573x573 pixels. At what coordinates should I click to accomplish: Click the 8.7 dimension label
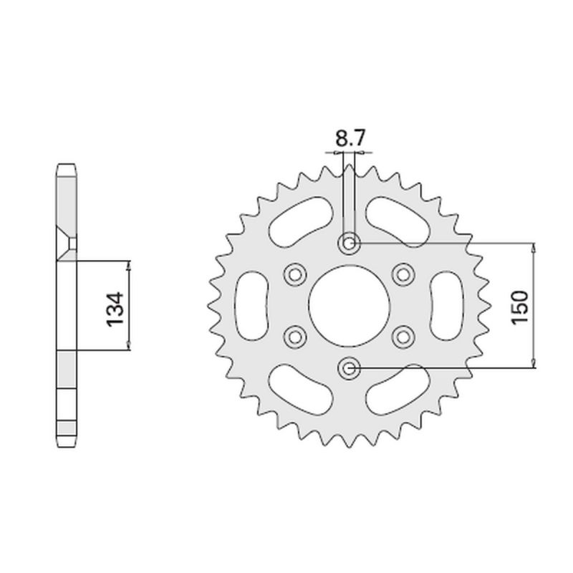coord(350,138)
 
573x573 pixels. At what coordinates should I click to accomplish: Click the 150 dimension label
coord(520,307)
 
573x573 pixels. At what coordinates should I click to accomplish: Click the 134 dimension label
coord(115,309)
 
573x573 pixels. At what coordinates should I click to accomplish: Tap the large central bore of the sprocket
coord(350,305)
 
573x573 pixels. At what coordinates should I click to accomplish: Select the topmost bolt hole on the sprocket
coord(350,243)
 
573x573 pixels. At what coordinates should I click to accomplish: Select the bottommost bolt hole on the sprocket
coord(350,367)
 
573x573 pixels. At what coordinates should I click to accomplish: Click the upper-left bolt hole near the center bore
coord(295,274)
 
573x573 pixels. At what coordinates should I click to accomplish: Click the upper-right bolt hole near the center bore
coord(403,274)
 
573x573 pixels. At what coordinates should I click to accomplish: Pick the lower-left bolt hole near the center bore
coord(295,337)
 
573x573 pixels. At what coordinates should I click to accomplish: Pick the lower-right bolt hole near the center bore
coord(403,337)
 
